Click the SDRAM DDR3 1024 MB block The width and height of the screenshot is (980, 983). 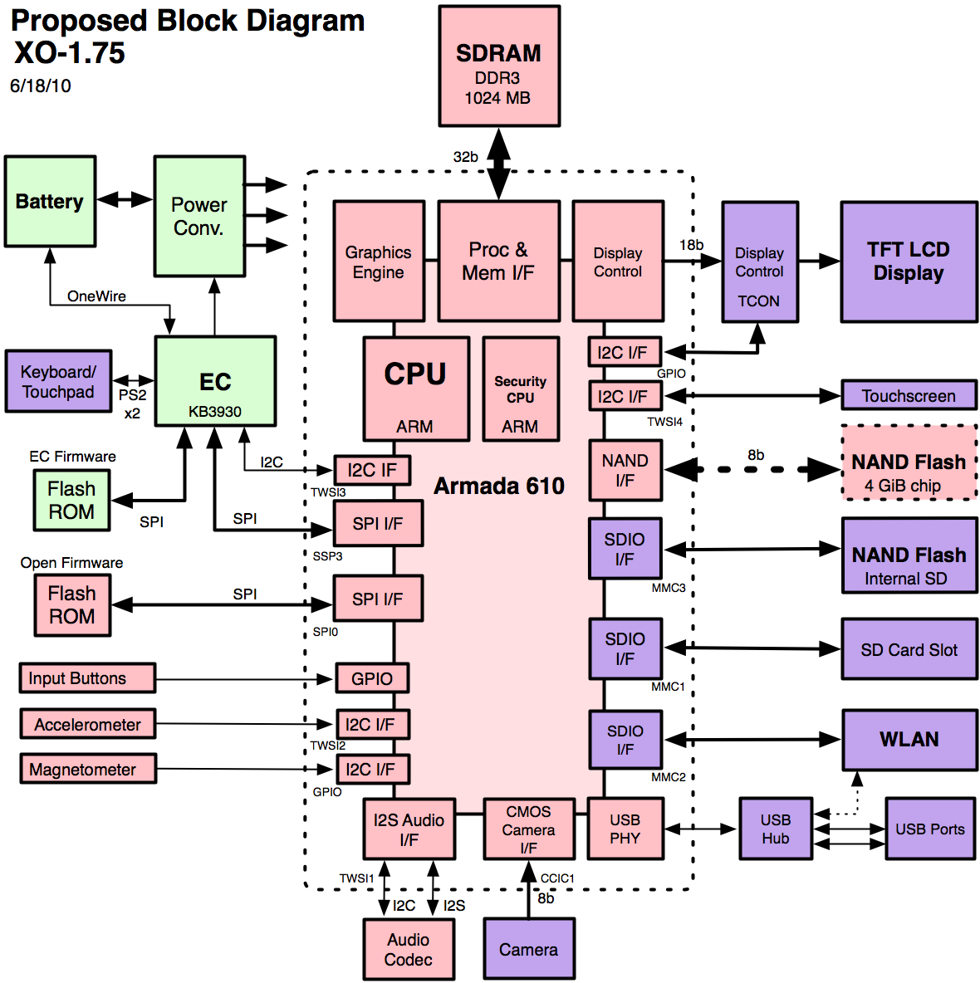pyautogui.click(x=499, y=66)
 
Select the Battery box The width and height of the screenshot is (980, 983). pyautogui.click(x=50, y=202)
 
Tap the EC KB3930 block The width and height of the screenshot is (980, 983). pyautogui.click(x=215, y=382)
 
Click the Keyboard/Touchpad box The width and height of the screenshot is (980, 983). pyautogui.click(x=58, y=382)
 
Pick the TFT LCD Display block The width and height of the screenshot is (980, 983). pyautogui.click(x=909, y=262)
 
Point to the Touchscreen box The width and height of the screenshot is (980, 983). pyautogui.click(x=909, y=396)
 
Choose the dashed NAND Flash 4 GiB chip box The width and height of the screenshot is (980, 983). pyautogui.click(x=909, y=463)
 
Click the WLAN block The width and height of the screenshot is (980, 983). pyautogui.click(x=909, y=740)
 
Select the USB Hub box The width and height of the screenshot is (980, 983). pyautogui.click(x=776, y=829)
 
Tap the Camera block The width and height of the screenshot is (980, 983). pyautogui.click(x=529, y=949)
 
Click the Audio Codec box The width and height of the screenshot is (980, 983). pyautogui.click(x=409, y=949)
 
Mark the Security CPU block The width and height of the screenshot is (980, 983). pyautogui.click(x=521, y=389)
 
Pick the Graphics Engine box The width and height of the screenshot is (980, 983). pyautogui.click(x=379, y=262)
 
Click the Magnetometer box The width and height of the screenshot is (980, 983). pyautogui.click(x=88, y=770)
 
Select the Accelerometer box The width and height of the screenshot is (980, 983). pyautogui.click(x=88, y=725)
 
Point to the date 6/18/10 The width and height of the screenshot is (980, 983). pyautogui.click(x=41, y=86)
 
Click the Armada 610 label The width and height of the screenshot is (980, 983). pyautogui.click(x=499, y=487)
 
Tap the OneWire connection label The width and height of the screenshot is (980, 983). pyautogui.click(x=96, y=296)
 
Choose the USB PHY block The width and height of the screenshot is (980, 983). pyautogui.click(x=625, y=829)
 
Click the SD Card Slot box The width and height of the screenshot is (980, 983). pyautogui.click(x=909, y=650)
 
